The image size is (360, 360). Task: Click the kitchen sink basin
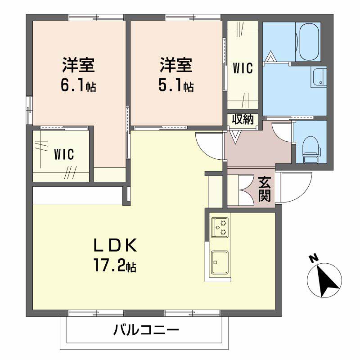click(x=220, y=261)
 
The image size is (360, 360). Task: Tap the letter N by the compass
click(x=313, y=258)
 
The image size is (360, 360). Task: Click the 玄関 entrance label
click(x=265, y=189)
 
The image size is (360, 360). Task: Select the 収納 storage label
click(x=243, y=119)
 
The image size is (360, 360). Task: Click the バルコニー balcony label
click(x=146, y=331)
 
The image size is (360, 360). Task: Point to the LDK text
click(x=115, y=246)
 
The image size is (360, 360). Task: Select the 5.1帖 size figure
click(x=176, y=85)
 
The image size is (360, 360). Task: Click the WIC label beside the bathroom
click(x=243, y=68)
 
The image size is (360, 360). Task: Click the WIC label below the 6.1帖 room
click(x=64, y=154)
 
